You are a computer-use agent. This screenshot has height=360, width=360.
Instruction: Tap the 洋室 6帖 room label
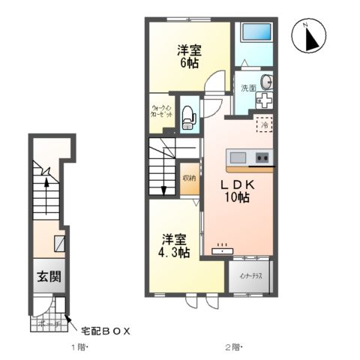click(x=188, y=57)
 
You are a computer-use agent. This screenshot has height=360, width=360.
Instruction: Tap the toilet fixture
click(x=190, y=116)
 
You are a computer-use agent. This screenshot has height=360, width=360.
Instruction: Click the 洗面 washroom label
click(x=247, y=88)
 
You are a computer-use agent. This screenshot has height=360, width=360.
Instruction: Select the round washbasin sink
click(x=265, y=82)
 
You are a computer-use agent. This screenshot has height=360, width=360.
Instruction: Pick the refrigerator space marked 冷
click(x=264, y=125)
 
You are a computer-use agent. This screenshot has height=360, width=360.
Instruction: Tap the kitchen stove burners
click(x=262, y=157)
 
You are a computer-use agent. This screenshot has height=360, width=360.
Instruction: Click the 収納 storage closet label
click(x=189, y=178)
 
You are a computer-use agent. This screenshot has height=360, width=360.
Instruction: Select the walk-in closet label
click(x=162, y=112)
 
